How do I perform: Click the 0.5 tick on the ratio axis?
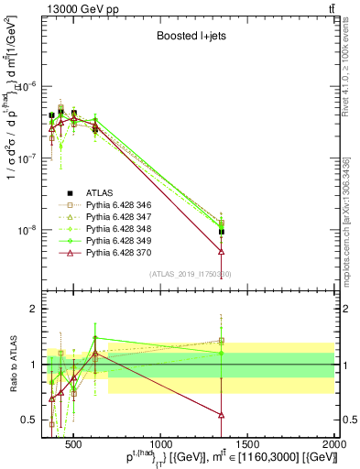pyautogui.click(x=32, y=420)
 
